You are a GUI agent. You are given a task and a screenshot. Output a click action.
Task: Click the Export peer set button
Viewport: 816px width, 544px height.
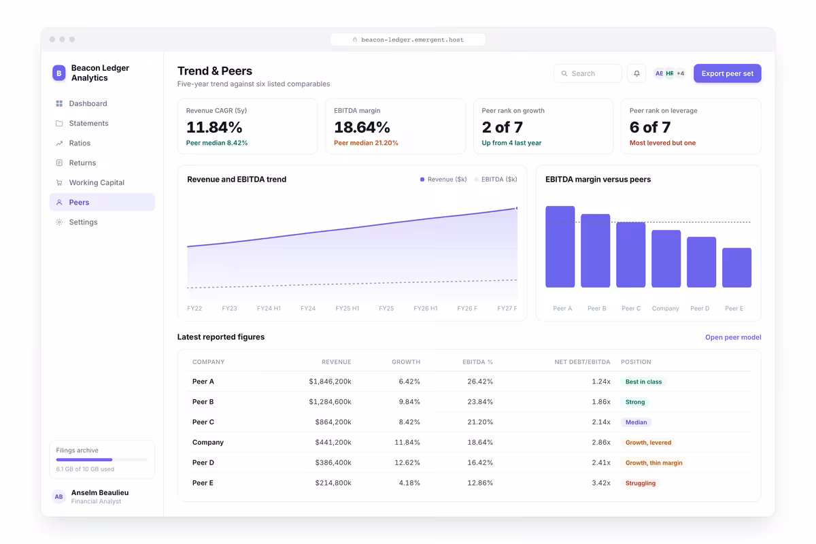click(x=727, y=73)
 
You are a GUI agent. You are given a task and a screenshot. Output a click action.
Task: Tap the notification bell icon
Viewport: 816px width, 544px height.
click(x=636, y=73)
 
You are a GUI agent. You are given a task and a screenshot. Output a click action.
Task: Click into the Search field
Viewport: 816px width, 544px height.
click(x=588, y=73)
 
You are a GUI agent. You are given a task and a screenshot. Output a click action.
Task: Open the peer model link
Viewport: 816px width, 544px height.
click(x=733, y=337)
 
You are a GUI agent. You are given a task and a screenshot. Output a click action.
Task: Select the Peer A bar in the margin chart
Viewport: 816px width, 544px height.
click(x=560, y=247)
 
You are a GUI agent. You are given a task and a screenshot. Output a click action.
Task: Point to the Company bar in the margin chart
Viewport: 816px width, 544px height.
click(x=666, y=258)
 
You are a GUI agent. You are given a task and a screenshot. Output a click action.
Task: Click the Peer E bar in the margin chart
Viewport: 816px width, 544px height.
click(x=736, y=267)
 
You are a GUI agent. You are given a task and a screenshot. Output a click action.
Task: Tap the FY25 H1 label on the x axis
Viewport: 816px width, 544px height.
click(x=347, y=308)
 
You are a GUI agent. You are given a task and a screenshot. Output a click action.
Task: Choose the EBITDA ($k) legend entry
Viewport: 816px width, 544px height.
click(x=496, y=180)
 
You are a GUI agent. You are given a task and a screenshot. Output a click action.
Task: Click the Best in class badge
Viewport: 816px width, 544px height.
click(x=643, y=381)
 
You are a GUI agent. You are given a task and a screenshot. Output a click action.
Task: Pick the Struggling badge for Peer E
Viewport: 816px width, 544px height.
click(x=641, y=483)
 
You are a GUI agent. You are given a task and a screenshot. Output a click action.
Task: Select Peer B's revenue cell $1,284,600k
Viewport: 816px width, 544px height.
click(x=330, y=401)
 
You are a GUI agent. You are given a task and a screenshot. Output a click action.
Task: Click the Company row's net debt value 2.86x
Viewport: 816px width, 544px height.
click(x=601, y=442)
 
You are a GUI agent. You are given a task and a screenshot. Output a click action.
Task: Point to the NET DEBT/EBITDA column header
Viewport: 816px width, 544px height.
click(x=582, y=362)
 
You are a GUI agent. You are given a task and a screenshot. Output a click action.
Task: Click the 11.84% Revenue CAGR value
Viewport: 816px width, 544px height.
click(x=214, y=127)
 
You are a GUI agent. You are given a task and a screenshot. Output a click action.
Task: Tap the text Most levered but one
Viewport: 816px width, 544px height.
click(x=662, y=143)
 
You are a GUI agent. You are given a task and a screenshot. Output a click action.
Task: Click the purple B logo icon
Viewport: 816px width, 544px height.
click(x=59, y=73)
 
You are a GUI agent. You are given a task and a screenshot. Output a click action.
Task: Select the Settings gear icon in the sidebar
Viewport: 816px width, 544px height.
click(x=59, y=222)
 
